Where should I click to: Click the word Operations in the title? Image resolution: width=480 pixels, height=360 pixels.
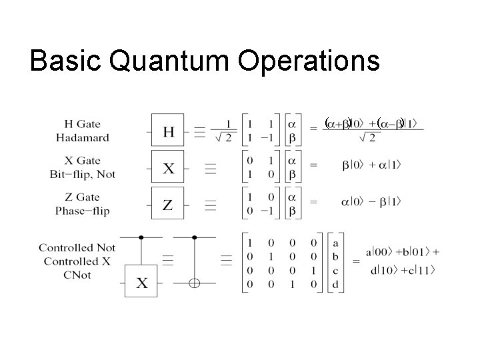307,61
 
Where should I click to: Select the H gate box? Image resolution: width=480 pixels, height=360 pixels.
168,132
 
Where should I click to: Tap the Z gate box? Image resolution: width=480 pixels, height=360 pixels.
168,204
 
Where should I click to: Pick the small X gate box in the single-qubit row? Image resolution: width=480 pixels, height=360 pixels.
168,168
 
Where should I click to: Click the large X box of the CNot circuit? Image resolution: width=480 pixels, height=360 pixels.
142,283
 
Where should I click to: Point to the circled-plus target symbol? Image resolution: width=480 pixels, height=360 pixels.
194,283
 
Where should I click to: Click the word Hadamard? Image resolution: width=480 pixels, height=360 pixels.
83,137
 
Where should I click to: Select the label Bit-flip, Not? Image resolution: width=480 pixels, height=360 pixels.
83,173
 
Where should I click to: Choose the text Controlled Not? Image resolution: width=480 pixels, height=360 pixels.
77,248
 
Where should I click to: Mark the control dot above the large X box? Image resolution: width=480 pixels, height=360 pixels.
142,237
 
